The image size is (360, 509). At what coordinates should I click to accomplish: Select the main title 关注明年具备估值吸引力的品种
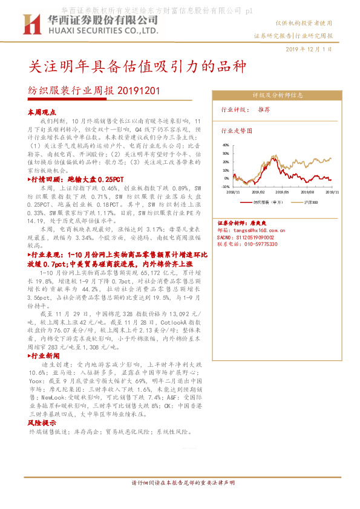pos(137,66)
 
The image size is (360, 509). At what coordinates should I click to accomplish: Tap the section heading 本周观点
pos(42,112)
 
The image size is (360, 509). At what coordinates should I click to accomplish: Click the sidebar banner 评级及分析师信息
pos(278,95)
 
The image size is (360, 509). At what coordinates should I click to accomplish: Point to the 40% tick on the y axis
pos(226,145)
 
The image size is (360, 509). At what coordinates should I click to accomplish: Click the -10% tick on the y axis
pos(225,187)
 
